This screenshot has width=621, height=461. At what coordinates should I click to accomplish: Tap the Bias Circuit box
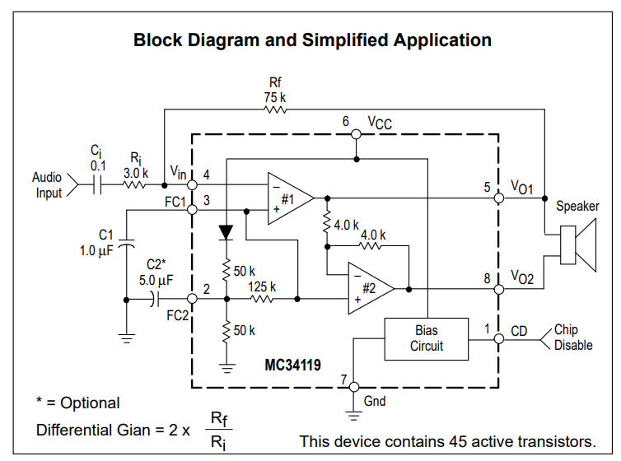point(426,338)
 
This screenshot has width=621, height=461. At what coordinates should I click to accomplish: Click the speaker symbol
point(578,245)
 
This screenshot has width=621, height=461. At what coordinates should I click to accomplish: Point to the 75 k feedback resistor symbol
point(275,109)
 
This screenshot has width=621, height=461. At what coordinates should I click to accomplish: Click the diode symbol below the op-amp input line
point(226,232)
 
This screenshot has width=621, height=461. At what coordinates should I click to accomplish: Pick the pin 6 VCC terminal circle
point(356,134)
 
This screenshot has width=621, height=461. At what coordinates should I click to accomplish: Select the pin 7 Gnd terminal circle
point(353,387)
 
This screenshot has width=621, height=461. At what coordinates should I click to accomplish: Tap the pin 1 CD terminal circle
point(499,339)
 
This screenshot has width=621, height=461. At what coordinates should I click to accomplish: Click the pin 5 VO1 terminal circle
point(499,198)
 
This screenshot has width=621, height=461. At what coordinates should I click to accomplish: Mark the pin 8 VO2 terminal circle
point(499,290)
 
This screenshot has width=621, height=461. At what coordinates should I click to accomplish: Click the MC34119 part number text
point(292,365)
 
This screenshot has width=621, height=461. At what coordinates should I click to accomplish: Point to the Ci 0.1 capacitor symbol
point(97,184)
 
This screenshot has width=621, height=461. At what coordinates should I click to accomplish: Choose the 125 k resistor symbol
point(262,299)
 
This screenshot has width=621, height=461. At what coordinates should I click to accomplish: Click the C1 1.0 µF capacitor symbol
point(126,244)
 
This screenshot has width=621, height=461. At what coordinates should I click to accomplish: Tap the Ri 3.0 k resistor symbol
point(134,184)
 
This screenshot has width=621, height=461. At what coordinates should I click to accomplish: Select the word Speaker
point(577,206)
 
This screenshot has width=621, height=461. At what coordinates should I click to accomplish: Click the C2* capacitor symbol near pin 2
point(155,299)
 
